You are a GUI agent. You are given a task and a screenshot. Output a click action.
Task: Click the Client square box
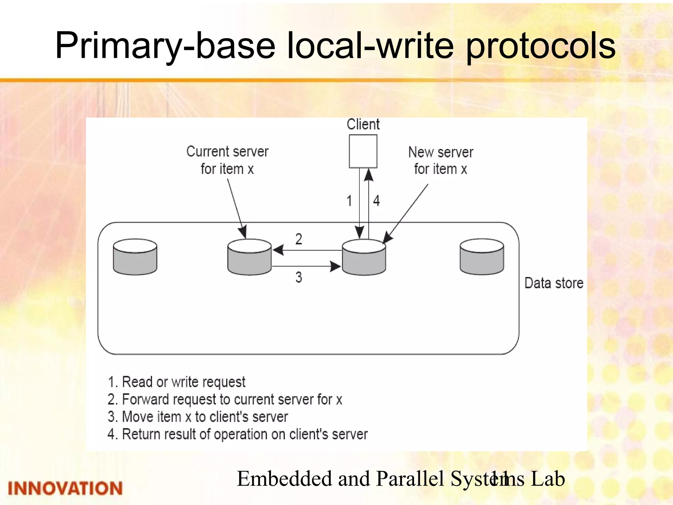pyautogui.click(x=363, y=151)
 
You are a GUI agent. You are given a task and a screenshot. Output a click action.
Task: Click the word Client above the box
pyautogui.click(x=363, y=125)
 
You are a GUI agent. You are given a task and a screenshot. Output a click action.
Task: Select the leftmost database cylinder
pyautogui.click(x=135, y=257)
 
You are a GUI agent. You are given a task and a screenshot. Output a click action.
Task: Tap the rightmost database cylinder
pyautogui.click(x=481, y=257)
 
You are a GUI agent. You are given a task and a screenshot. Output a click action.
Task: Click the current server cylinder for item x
pyautogui.click(x=249, y=257)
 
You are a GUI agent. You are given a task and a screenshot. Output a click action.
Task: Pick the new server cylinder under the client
pyautogui.click(x=364, y=257)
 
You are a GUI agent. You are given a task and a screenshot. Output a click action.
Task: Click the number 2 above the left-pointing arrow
pyautogui.click(x=298, y=239)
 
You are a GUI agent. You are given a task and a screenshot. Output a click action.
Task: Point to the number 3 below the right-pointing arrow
pyautogui.click(x=298, y=277)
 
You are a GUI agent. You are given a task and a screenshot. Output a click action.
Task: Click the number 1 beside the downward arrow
pyautogui.click(x=349, y=201)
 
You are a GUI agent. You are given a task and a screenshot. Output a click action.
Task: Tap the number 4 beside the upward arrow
pyautogui.click(x=376, y=201)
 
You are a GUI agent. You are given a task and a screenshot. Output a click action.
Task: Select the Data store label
pyautogui.click(x=554, y=283)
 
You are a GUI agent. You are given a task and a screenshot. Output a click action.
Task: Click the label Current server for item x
pyautogui.click(x=227, y=160)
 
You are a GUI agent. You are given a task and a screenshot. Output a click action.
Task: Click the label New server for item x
pyautogui.click(x=440, y=161)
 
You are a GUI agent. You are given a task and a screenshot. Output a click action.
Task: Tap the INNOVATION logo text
pyautogui.click(x=65, y=488)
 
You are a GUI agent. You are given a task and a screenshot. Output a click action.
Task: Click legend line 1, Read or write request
pyautogui.click(x=176, y=382)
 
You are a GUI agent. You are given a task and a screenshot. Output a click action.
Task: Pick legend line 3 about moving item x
pyautogui.click(x=197, y=417)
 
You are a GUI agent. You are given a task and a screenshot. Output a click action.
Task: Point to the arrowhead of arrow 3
pyautogui.click(x=336, y=266)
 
